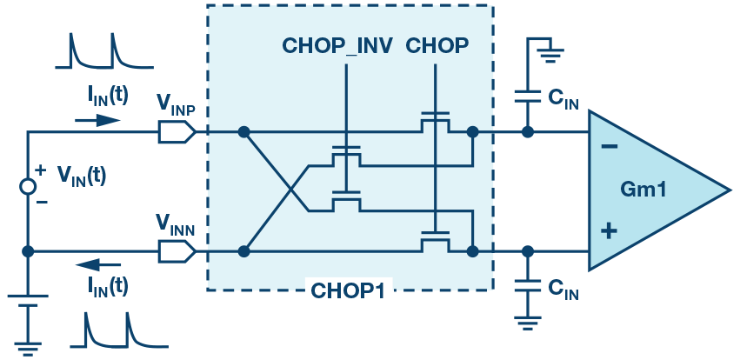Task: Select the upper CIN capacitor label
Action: click(x=563, y=101)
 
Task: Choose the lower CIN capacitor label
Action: click(x=563, y=293)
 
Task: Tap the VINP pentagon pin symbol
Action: click(x=177, y=132)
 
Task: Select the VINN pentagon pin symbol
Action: click(x=177, y=251)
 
